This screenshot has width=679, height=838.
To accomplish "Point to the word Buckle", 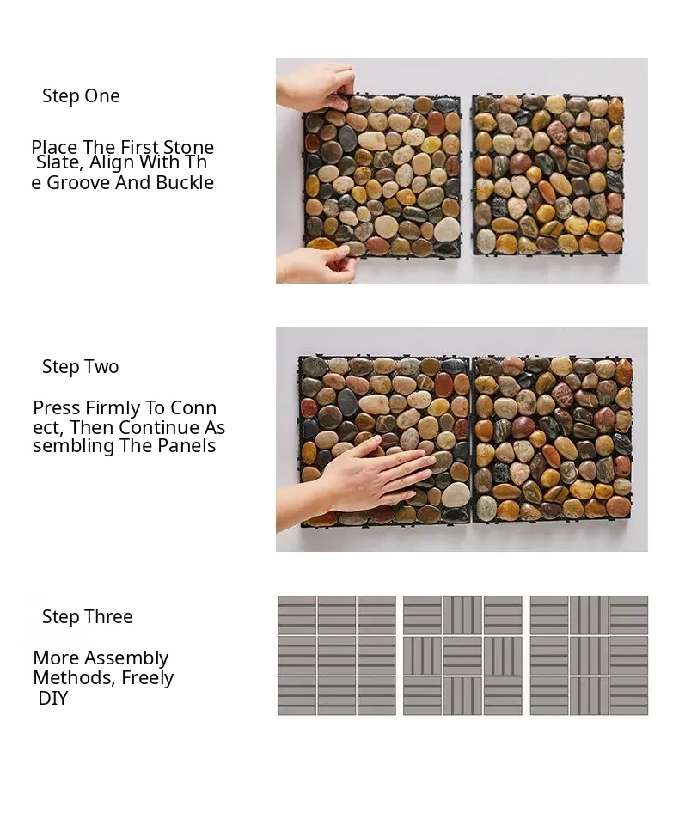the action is (185, 183).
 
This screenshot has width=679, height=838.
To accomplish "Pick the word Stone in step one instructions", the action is (189, 147).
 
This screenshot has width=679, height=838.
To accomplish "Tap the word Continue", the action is (159, 427).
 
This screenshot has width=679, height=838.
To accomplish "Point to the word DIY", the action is (53, 699).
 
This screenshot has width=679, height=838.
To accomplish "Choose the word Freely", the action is (148, 678).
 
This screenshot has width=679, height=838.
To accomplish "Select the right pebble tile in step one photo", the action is (548, 174).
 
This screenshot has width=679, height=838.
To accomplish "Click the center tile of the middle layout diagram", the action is (462, 655).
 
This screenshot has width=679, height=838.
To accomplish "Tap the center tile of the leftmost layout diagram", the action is (337, 655).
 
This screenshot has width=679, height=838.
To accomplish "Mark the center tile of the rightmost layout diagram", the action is (589, 655).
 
